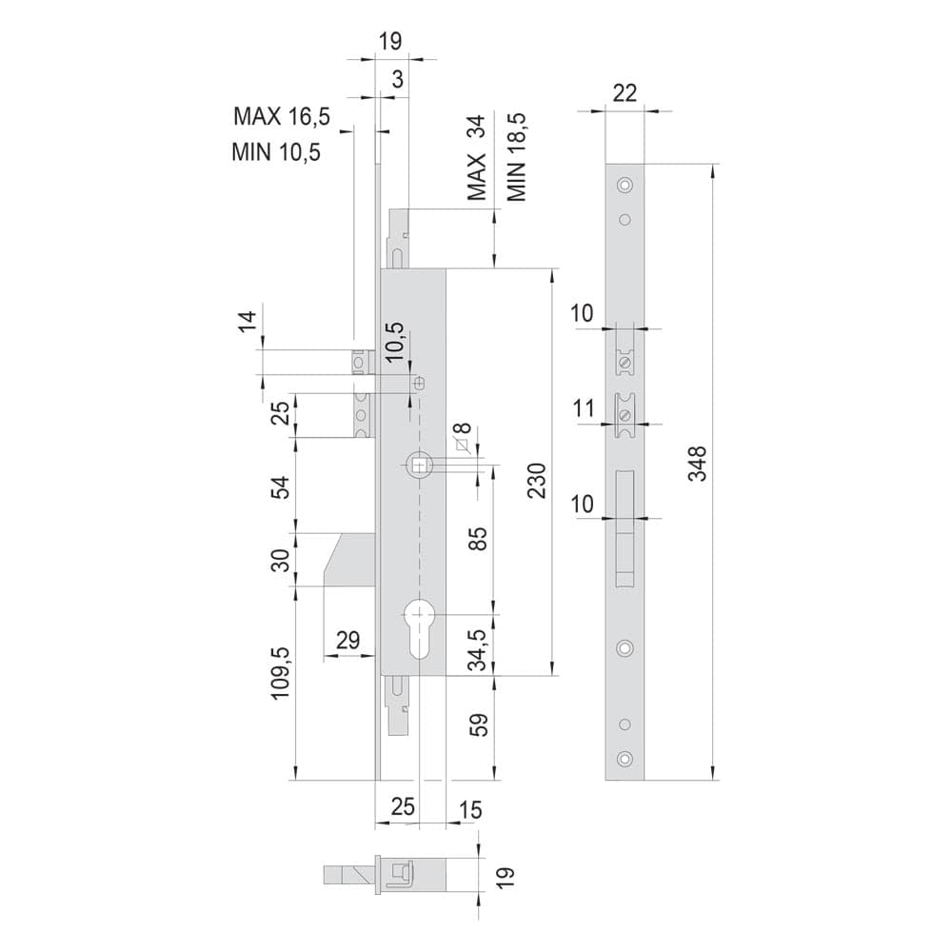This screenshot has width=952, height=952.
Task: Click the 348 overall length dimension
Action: pos(698,464)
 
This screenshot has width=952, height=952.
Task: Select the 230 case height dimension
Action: pos(537,480)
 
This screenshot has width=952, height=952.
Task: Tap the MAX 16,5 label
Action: pos(282,116)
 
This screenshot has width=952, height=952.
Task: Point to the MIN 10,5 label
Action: pos(276,151)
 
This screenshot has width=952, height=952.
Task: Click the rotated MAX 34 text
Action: pos(477,158)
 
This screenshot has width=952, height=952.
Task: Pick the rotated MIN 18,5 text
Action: pos(516,157)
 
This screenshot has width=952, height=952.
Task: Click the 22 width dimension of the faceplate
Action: pos(625,93)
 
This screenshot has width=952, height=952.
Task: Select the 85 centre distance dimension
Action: pos(479,539)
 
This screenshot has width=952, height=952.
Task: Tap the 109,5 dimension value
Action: pos(281,673)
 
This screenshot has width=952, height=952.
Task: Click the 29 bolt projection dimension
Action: pos(347,640)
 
